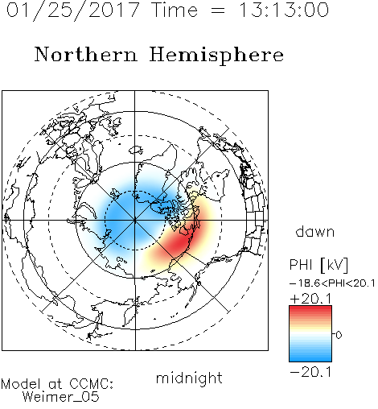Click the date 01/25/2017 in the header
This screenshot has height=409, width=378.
72,10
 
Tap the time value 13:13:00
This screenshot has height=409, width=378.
283,10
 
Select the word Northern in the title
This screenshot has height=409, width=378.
86,55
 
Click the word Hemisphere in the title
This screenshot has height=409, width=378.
216,56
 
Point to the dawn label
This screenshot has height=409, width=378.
315,231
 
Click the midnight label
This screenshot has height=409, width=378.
189,378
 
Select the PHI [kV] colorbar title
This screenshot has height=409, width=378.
318,265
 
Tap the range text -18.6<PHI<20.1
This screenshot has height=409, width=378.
332,283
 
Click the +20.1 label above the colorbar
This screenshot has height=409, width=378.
311,299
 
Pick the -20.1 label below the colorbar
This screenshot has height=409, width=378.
311,372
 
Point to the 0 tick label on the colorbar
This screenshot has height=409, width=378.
339,335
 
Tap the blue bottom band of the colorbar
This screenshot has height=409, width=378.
310,357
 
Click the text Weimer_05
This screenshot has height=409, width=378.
61,397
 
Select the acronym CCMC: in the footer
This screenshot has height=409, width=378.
92,384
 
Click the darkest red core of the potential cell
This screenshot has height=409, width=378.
179,242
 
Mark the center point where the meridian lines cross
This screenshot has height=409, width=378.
135,221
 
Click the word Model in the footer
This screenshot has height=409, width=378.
21,384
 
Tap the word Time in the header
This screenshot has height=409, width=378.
175,10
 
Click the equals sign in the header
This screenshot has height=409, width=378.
218,10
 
